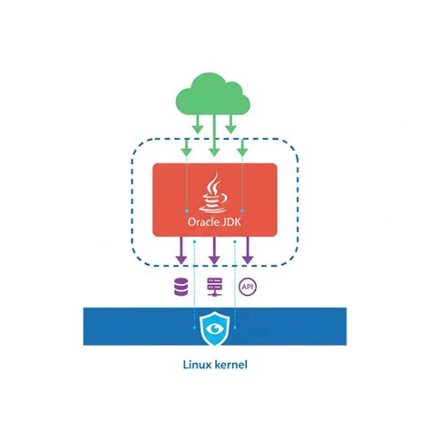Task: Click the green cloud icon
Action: (213, 93)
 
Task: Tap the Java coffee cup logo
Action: (213, 192)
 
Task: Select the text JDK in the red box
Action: (231, 222)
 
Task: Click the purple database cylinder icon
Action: (181, 287)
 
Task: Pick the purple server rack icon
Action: (215, 287)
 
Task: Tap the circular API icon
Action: (248, 287)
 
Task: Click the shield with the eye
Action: (215, 328)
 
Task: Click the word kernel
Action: (230, 365)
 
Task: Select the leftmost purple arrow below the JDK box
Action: (181, 250)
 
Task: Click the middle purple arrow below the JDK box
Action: (214, 250)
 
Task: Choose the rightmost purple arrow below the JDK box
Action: (248, 250)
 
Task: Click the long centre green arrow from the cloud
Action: (214, 135)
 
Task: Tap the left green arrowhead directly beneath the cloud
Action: (198, 124)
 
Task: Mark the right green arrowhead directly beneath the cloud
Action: (230, 124)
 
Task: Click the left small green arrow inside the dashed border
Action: (187, 148)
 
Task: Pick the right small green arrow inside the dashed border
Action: (242, 148)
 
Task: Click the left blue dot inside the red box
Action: (187, 210)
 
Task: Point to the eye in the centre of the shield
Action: (215, 327)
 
